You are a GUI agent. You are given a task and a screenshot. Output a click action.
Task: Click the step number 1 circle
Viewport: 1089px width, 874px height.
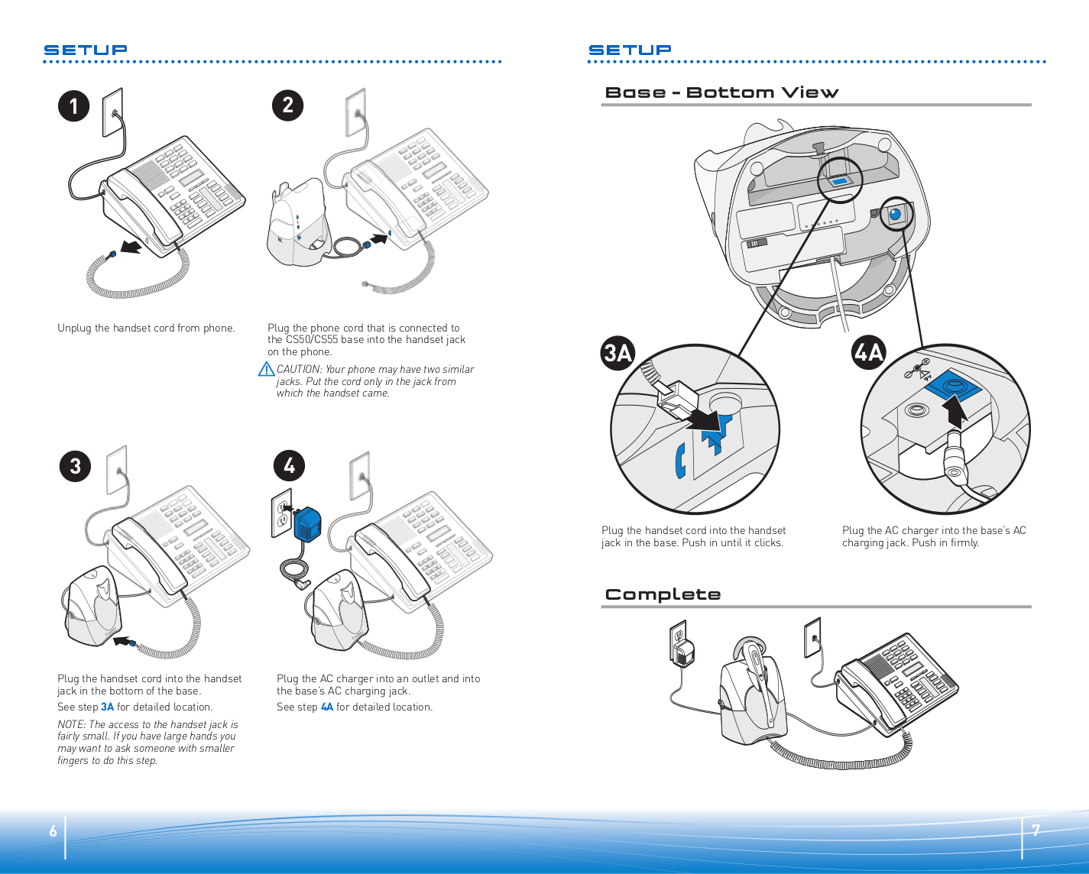point(74,106)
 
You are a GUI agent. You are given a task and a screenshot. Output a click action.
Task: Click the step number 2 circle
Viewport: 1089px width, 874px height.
point(288,105)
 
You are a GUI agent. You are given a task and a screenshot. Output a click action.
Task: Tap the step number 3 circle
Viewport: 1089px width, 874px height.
point(76,466)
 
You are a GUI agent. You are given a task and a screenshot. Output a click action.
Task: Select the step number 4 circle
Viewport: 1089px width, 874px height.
point(289,465)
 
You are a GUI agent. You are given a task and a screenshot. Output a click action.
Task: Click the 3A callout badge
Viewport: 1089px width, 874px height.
point(618,353)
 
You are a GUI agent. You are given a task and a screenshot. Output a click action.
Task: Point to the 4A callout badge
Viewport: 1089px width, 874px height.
point(868,352)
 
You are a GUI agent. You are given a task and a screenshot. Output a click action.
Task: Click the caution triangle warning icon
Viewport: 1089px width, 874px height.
point(266,370)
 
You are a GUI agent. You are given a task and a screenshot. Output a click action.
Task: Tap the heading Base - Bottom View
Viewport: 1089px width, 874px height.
point(721,92)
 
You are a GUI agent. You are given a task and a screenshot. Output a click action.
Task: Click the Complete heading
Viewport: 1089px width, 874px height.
point(663,594)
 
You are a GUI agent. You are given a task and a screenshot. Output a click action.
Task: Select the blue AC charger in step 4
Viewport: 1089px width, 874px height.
point(307,524)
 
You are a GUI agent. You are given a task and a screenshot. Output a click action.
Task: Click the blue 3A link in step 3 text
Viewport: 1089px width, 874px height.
point(107,707)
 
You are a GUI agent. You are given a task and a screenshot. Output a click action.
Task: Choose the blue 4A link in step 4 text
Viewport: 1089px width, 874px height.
point(327,707)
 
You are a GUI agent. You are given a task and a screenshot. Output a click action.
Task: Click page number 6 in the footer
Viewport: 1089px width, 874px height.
point(53,830)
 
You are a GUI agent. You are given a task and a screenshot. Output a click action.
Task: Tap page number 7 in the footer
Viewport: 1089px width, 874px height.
point(1036,830)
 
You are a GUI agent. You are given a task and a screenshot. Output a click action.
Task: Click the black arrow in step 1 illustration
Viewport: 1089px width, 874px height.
point(131,247)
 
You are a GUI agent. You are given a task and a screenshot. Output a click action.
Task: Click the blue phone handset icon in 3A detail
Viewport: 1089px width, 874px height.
point(680,461)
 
